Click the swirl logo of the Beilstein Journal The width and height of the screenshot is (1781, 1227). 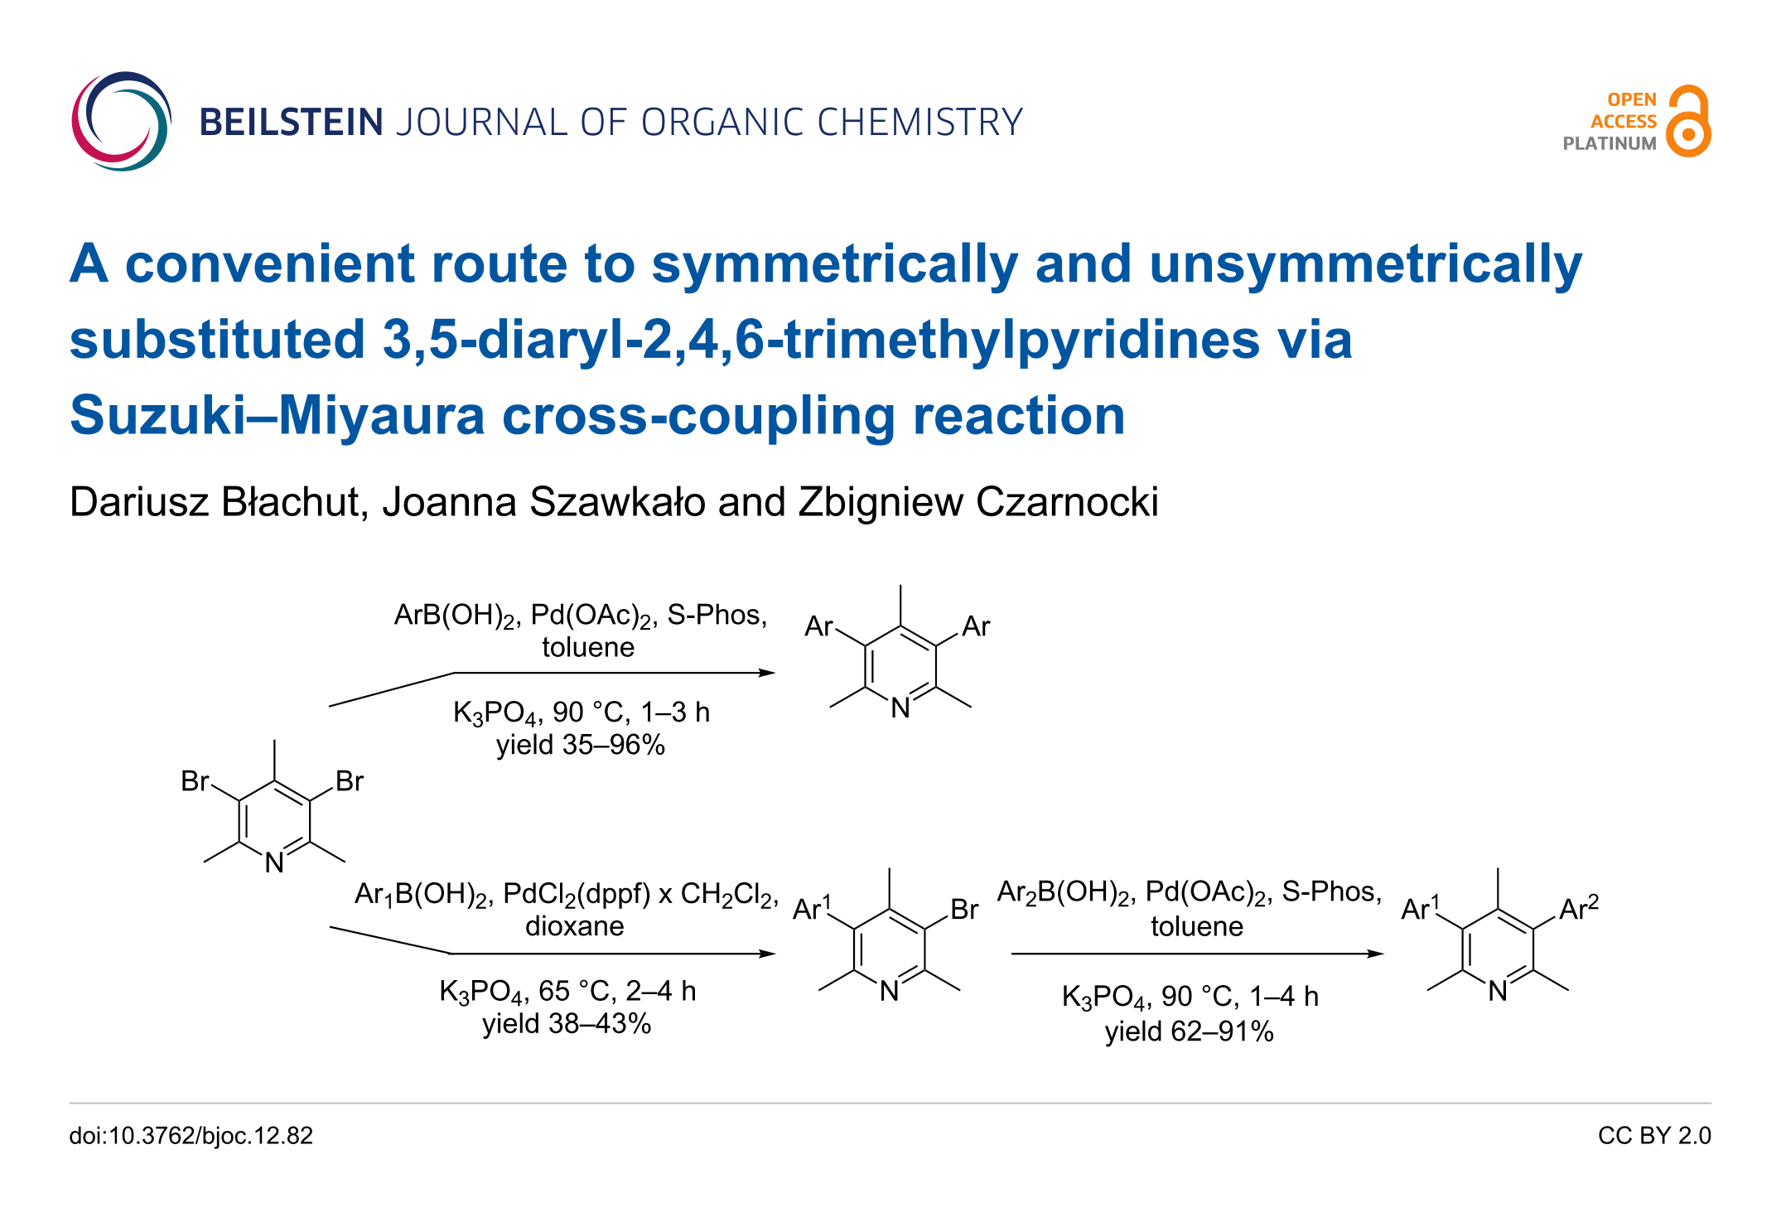coord(122,121)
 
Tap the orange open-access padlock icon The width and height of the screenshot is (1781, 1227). coord(1689,121)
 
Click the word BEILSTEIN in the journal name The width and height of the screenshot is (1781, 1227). coord(292,122)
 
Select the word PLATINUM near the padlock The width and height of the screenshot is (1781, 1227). coord(1610,143)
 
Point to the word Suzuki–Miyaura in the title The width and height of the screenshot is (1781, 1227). coord(278,415)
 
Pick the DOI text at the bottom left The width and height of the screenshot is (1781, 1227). coord(191,1136)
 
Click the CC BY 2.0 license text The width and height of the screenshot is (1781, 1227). coord(1654,1136)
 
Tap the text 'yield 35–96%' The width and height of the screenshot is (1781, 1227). coord(581,745)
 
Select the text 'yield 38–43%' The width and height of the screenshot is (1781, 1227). coord(567,1024)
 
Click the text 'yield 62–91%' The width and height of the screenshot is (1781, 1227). coord(1190,1031)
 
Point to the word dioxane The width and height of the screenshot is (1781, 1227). coord(575,926)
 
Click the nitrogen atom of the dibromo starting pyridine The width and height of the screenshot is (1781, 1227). coord(274,863)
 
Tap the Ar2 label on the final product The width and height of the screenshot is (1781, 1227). coord(1579,907)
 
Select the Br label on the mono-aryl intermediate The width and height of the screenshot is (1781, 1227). coord(964,910)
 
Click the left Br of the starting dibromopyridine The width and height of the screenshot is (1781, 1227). coord(195,781)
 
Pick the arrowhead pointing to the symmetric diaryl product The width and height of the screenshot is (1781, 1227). coord(767,673)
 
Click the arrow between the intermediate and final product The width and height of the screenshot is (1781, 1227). coord(1198,954)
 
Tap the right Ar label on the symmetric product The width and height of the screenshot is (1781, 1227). coord(976,626)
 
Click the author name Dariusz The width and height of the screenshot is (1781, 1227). coord(139,502)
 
